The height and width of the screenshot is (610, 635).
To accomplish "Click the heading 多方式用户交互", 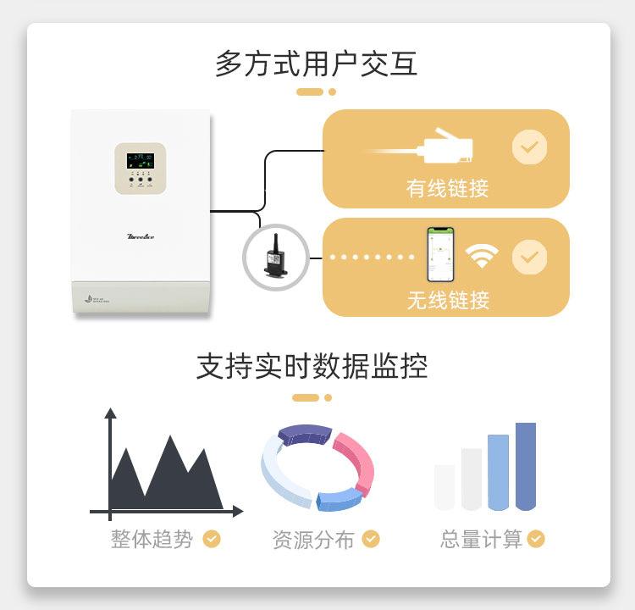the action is click(317, 64).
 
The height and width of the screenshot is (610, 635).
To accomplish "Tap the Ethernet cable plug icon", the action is click(444, 147).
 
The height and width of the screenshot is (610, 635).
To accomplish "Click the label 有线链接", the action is click(447, 187).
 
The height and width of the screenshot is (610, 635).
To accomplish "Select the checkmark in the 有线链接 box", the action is click(529, 147).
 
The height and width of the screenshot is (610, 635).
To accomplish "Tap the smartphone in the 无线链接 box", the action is click(439, 254).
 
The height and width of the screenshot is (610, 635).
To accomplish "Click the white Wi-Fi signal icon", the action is click(482, 256).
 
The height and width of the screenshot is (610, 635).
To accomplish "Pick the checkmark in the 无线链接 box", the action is click(530, 257).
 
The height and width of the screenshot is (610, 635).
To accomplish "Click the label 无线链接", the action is click(448, 299).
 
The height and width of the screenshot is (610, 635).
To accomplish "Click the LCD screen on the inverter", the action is click(140, 160).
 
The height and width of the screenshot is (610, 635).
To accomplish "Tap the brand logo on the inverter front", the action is click(140, 236).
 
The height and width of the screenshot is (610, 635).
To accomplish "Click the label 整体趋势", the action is click(152, 539).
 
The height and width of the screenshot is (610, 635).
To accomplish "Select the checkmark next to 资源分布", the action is click(371, 539).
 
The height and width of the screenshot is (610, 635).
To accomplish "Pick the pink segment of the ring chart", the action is click(356, 458).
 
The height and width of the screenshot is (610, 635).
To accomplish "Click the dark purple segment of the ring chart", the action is click(304, 433).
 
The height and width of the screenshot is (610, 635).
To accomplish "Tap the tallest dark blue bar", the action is click(526, 466).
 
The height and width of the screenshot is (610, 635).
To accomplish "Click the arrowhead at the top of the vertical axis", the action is click(110, 414).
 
